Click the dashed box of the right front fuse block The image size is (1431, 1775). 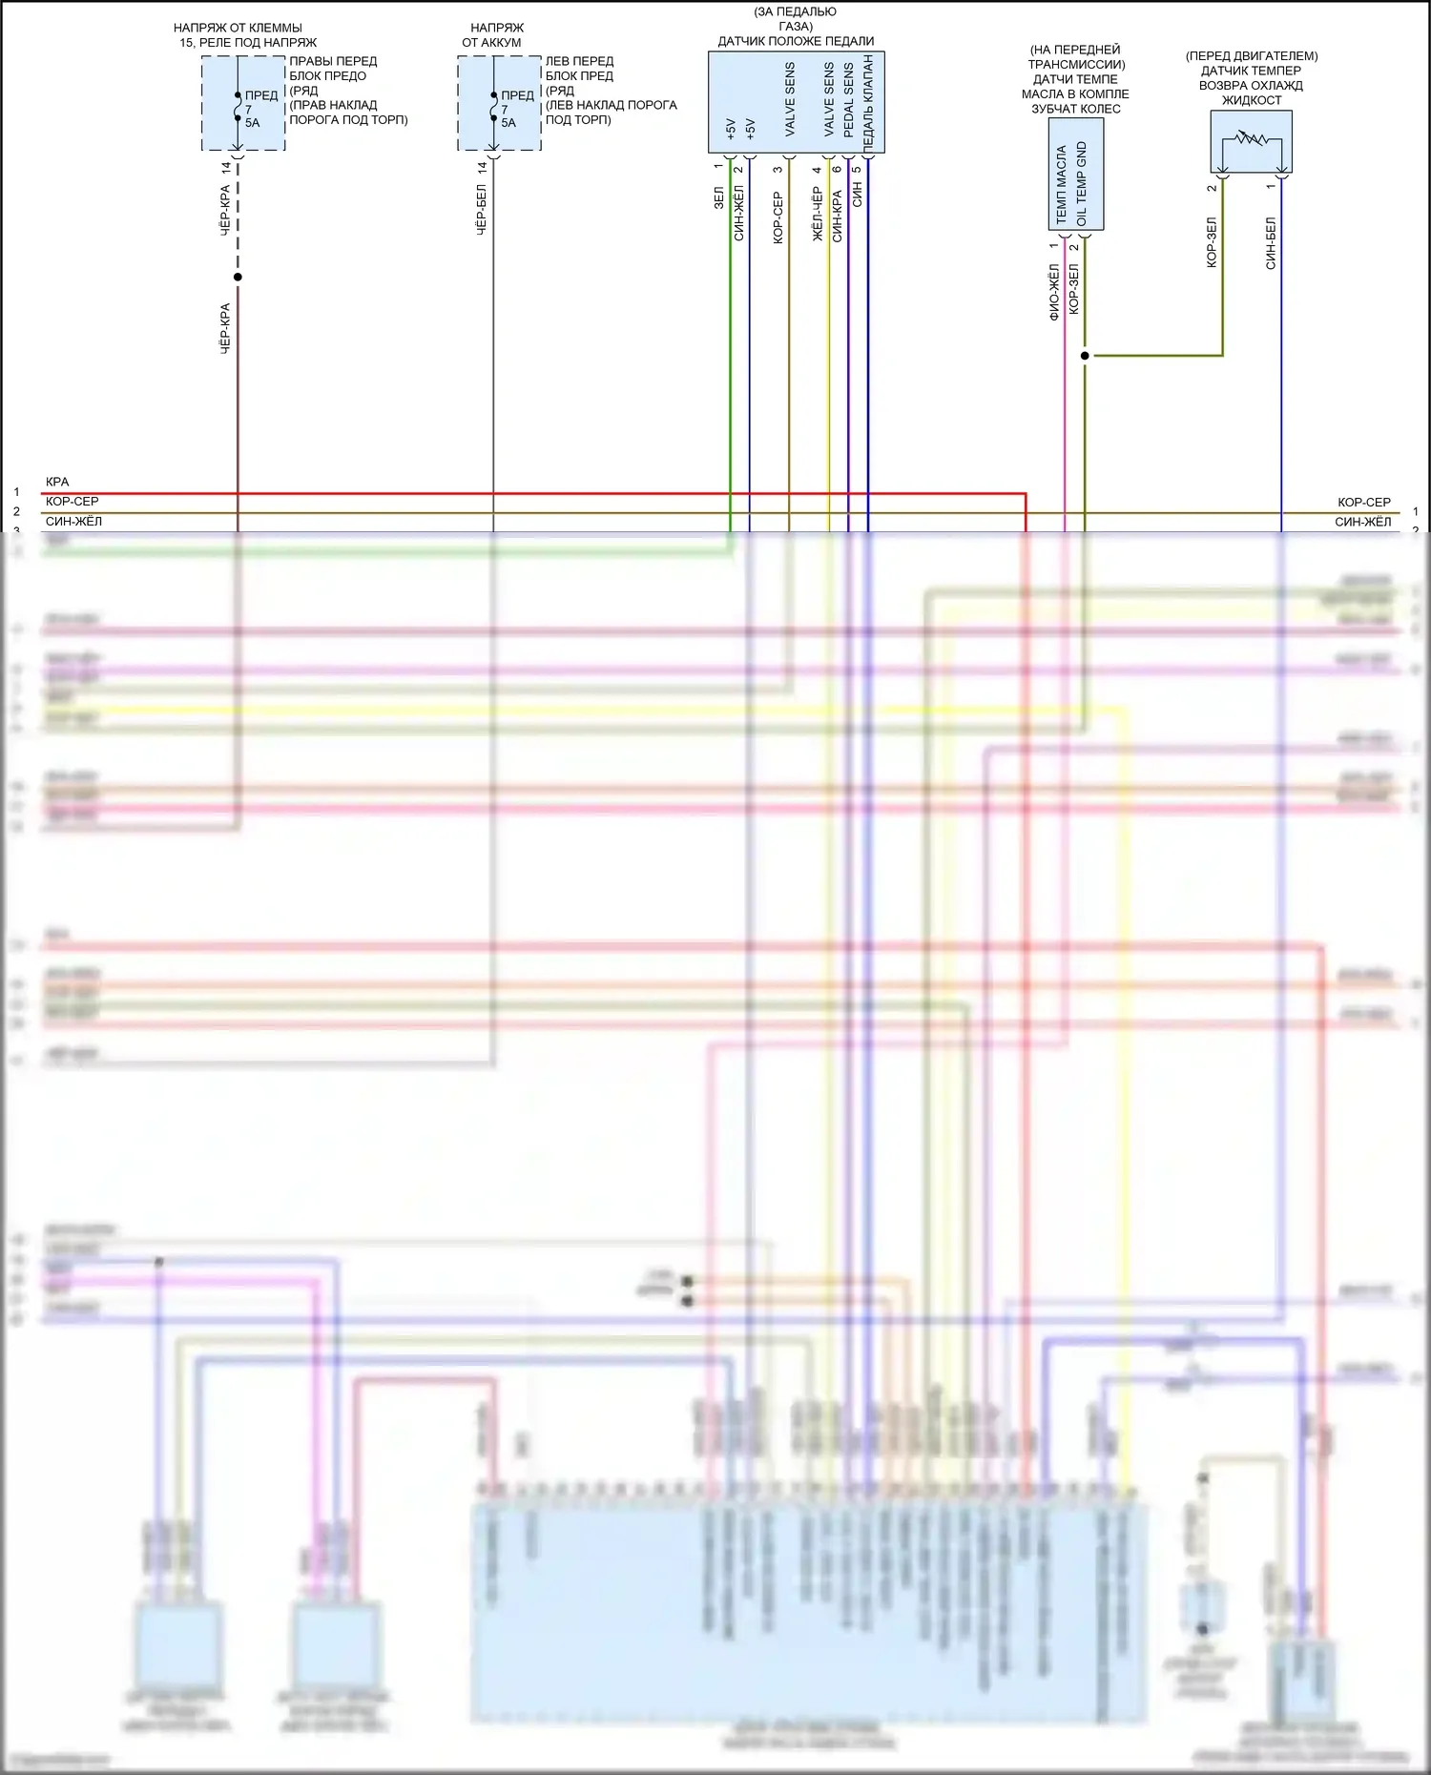click(243, 103)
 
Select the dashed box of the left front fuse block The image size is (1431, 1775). click(499, 103)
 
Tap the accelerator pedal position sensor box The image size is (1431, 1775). click(796, 102)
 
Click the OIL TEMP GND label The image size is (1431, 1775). click(1082, 184)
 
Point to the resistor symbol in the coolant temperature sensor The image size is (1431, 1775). click(1251, 139)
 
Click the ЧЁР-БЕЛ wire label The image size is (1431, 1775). click(482, 210)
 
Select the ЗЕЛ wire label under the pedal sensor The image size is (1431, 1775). click(718, 197)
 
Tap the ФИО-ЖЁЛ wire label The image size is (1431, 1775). click(1054, 293)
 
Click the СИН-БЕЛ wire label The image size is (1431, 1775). click(1271, 243)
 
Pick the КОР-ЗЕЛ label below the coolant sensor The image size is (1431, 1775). click(1212, 242)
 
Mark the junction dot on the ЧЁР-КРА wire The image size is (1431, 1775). click(238, 278)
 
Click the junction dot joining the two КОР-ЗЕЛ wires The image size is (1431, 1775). click(1085, 356)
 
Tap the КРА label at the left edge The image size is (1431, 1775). click(57, 482)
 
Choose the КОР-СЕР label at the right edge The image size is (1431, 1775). click(1363, 502)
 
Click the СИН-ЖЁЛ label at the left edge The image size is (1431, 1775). click(73, 522)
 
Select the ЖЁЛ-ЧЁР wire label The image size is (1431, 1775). click(818, 214)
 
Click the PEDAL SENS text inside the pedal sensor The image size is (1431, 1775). click(848, 100)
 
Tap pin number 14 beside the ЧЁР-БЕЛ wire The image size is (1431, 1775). click(483, 167)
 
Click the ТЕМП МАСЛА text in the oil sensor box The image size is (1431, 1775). click(1062, 184)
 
